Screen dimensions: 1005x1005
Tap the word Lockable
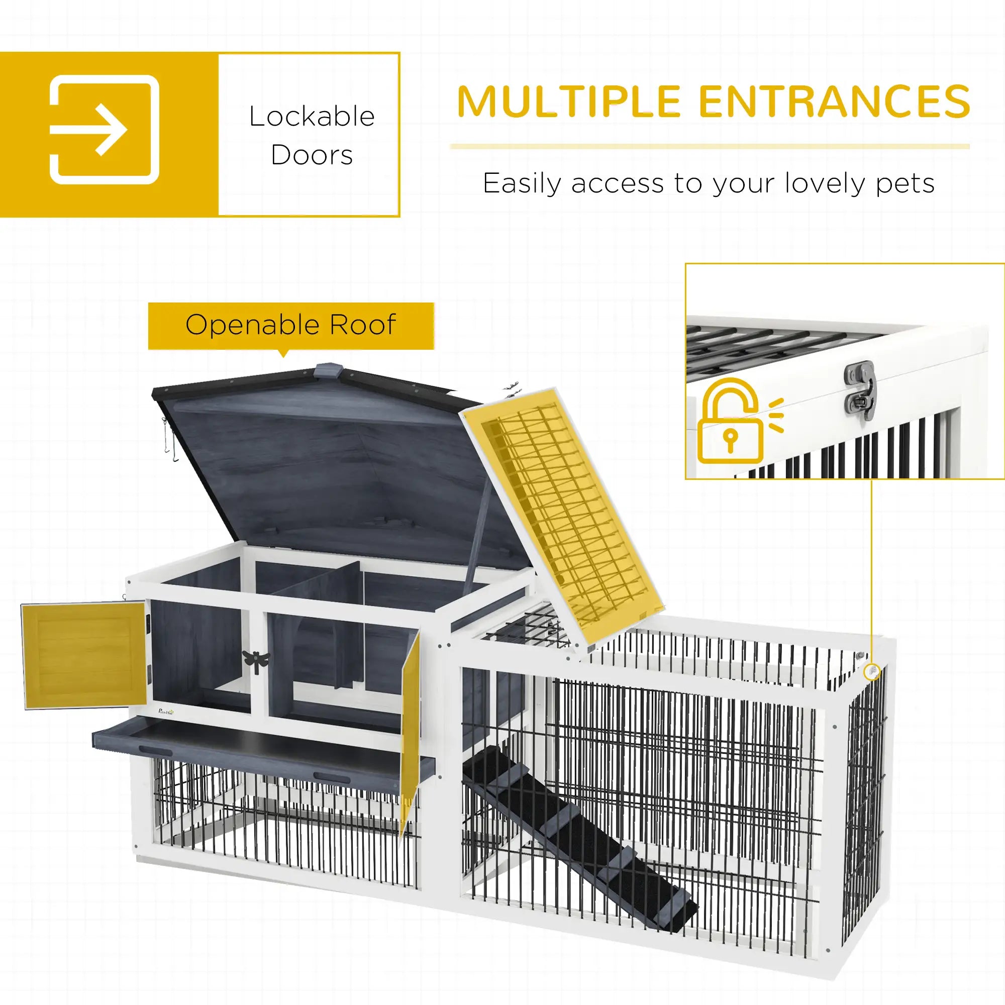click(x=312, y=117)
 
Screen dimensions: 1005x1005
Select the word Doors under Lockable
click(x=312, y=155)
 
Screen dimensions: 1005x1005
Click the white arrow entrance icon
click(x=104, y=130)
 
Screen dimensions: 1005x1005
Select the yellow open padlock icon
click(x=730, y=423)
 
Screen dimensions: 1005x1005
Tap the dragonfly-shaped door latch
click(x=256, y=661)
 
